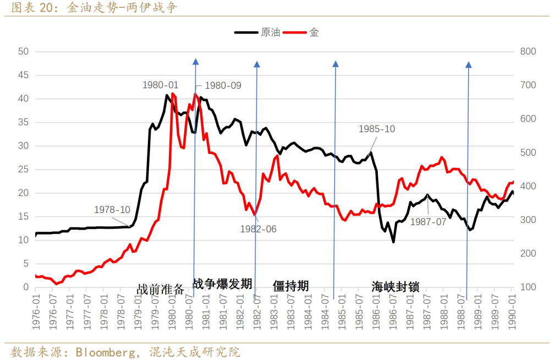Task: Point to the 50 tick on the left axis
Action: click(x=23, y=52)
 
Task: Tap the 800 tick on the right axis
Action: click(x=527, y=52)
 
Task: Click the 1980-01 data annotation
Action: click(x=160, y=85)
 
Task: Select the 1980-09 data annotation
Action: click(x=223, y=86)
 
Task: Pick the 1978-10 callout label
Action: click(x=112, y=210)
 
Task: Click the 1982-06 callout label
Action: click(x=258, y=229)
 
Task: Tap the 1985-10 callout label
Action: click(x=377, y=129)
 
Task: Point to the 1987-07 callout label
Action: click(x=428, y=221)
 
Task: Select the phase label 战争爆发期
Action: click(x=222, y=283)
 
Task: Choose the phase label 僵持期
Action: click(x=290, y=286)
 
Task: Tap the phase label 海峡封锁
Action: click(x=395, y=287)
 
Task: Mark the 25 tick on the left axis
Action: click(x=23, y=170)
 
